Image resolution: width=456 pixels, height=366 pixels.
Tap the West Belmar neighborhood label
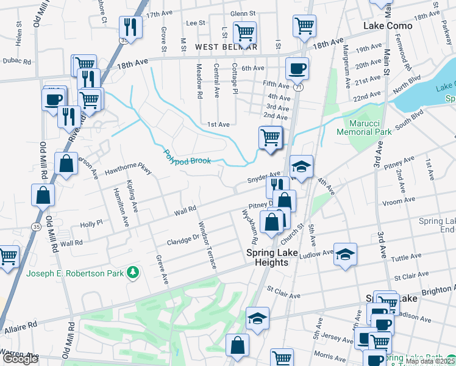(x=226, y=47)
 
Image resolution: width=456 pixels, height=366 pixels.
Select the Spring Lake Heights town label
(x=267, y=257)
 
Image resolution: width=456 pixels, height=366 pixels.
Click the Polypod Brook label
(x=188, y=157)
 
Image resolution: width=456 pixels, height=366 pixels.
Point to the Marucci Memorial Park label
(x=364, y=127)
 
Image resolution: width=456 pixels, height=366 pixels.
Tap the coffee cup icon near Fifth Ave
(x=297, y=68)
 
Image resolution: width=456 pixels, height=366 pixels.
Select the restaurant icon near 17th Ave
(x=130, y=27)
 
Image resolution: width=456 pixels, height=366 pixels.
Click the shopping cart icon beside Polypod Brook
(x=270, y=137)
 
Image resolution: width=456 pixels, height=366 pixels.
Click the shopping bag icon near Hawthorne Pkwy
(x=65, y=163)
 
